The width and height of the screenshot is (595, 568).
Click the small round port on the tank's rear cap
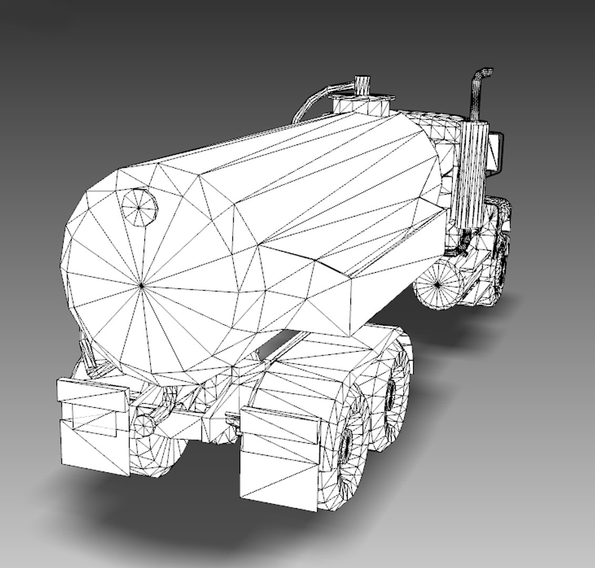[139, 207]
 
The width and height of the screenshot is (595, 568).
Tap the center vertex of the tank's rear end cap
[142, 285]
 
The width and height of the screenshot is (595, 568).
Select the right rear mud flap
[279, 458]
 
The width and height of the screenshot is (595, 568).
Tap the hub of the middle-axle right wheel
[390, 391]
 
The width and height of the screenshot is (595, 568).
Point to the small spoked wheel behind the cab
[437, 284]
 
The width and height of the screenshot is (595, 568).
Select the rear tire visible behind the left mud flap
[158, 452]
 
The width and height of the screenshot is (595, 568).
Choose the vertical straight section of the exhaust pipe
[476, 100]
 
